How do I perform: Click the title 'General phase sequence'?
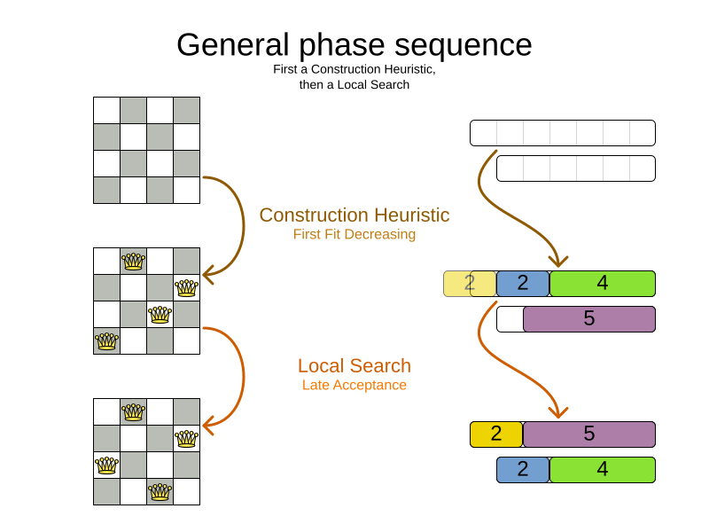coord(354,44)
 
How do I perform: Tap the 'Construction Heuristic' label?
coord(354,215)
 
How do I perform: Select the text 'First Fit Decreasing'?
coord(354,235)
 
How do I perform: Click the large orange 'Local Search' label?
coord(354,366)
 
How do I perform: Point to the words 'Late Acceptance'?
coord(354,386)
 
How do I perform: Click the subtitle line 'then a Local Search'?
coord(354,85)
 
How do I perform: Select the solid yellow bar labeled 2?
coord(496,434)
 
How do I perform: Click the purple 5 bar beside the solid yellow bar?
coord(589,434)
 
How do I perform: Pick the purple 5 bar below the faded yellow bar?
coord(589,319)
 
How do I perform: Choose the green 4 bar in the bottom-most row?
coord(603,470)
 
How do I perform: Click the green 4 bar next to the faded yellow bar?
coord(603,284)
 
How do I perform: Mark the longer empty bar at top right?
coord(563,133)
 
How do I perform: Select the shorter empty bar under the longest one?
coord(576,168)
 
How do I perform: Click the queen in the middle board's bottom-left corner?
coord(106,340)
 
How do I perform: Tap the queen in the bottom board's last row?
coord(160,491)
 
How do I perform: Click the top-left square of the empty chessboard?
coord(106,110)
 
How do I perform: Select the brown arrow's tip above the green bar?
coord(557,262)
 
